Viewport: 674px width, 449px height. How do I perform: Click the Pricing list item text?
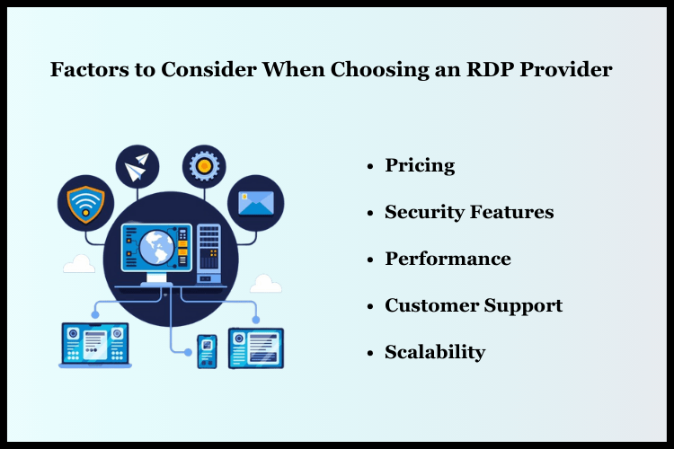420,166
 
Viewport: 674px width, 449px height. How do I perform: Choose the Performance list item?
448,259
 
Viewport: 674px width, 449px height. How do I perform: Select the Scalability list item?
435,352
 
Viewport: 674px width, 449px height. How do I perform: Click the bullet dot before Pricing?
369,167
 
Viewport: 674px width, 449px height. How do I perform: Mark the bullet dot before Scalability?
369,353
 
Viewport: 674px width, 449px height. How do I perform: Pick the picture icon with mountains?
255,201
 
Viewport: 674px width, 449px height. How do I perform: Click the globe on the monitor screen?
155,245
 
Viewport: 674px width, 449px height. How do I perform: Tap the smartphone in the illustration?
207,350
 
